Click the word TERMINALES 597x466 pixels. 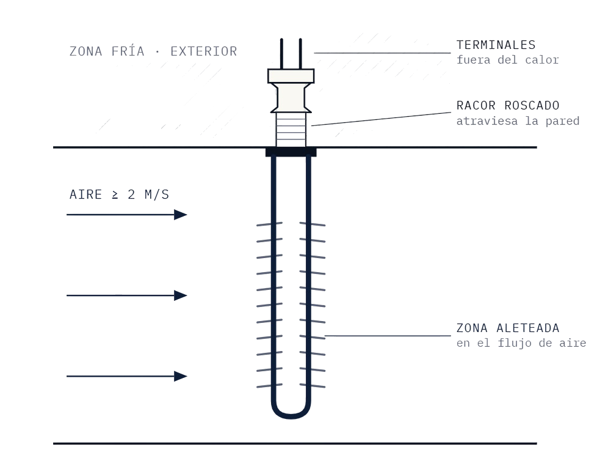click(x=496, y=45)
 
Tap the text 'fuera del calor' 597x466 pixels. click(x=507, y=60)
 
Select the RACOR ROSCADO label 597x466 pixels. click(x=508, y=105)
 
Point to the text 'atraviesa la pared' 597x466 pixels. click(x=518, y=121)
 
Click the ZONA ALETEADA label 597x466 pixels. click(x=508, y=328)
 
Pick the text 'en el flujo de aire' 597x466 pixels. click(x=521, y=343)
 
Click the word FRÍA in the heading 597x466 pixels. click(x=128, y=51)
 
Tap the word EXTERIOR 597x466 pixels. click(x=204, y=51)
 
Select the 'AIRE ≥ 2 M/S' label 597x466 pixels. click(x=119, y=194)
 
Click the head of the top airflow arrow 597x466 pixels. click(x=181, y=215)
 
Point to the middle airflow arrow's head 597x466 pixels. click(x=181, y=295)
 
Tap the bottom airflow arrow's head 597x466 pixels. click(x=181, y=376)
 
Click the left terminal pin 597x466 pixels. click(x=281, y=54)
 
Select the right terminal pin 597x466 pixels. click(x=300, y=54)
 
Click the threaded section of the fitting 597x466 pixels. click(x=291, y=130)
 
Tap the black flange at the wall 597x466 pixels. click(x=291, y=152)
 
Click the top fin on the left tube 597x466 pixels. click(x=270, y=224)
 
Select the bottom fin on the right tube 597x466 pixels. click(x=313, y=385)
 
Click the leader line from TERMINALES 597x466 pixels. click(x=382, y=53)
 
